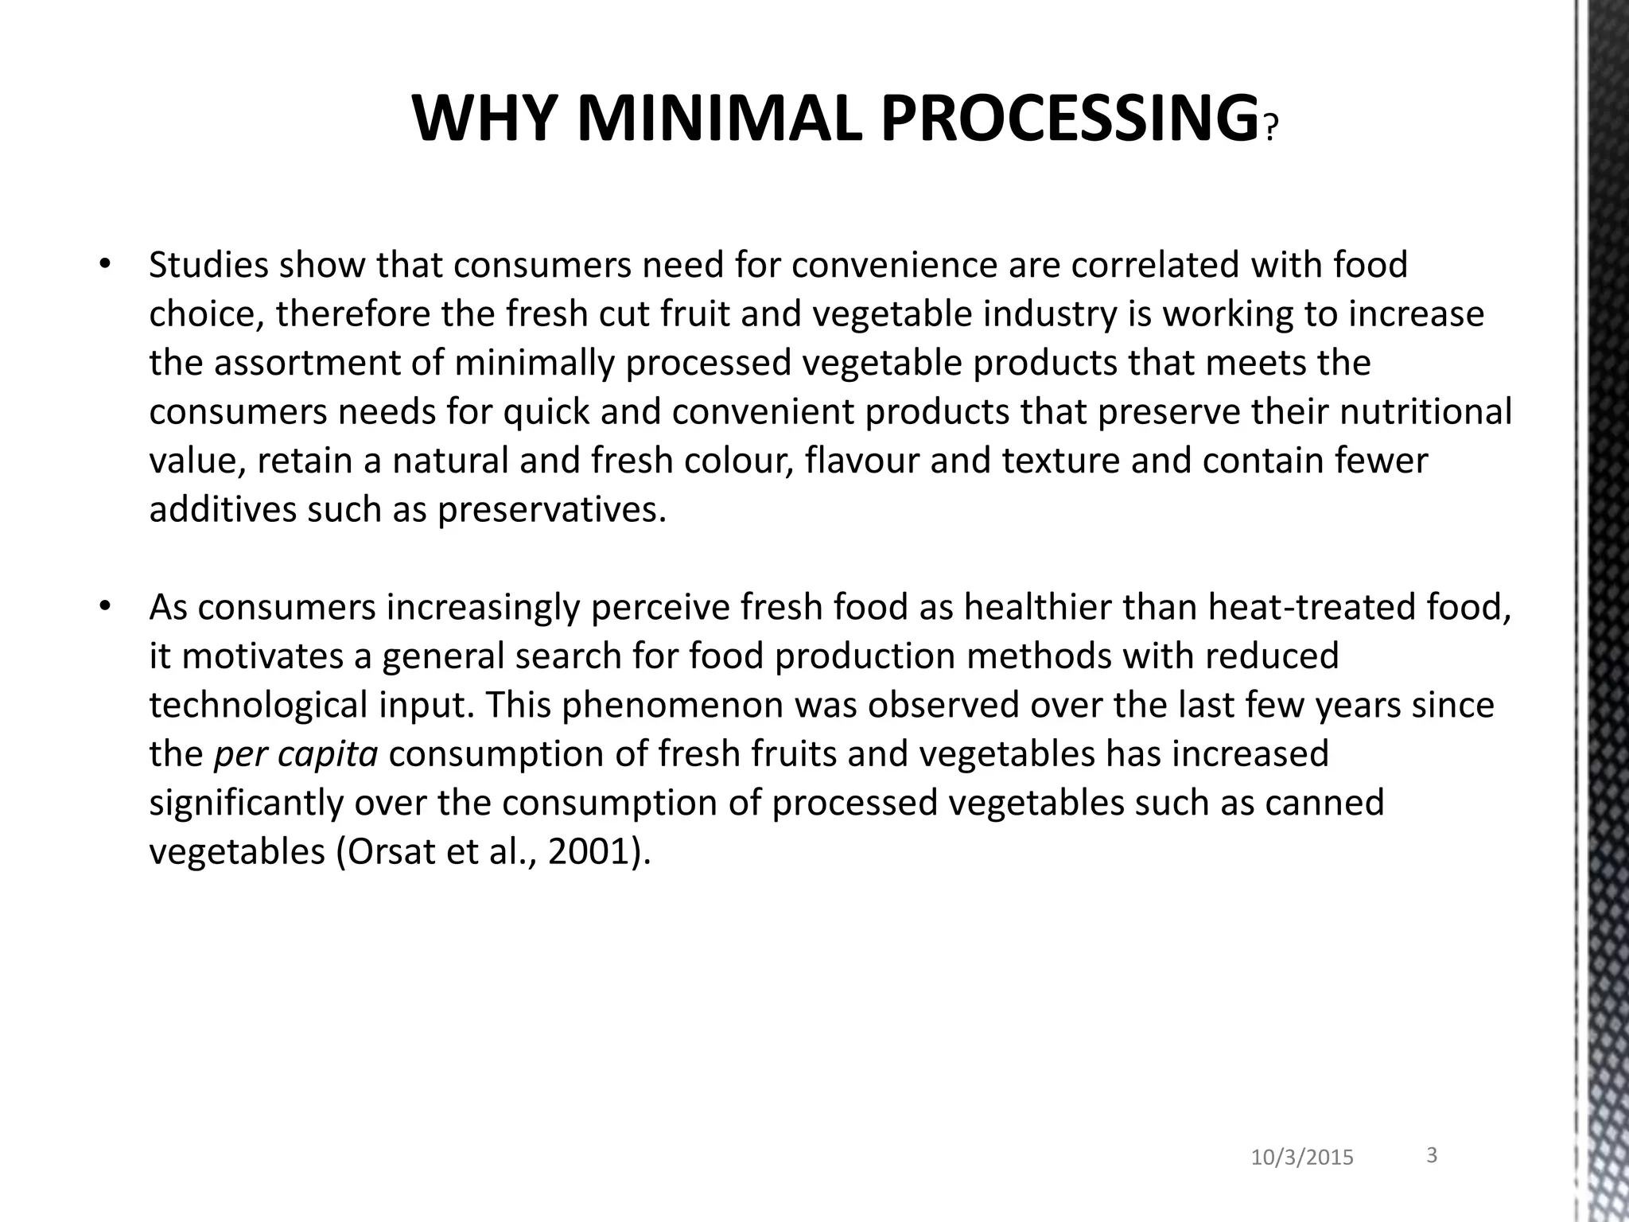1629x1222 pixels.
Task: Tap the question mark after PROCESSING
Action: pyautogui.click(x=1270, y=127)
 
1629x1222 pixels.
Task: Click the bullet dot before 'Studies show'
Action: pyautogui.click(x=103, y=264)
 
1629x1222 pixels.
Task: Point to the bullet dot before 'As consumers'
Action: pyautogui.click(x=103, y=607)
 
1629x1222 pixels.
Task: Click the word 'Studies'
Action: pyautogui.click(x=208, y=265)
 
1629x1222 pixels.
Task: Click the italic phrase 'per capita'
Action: pyautogui.click(x=296, y=754)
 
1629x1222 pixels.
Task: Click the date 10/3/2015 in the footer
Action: pyautogui.click(x=1302, y=1158)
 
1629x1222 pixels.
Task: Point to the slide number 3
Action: pyautogui.click(x=1432, y=1155)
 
